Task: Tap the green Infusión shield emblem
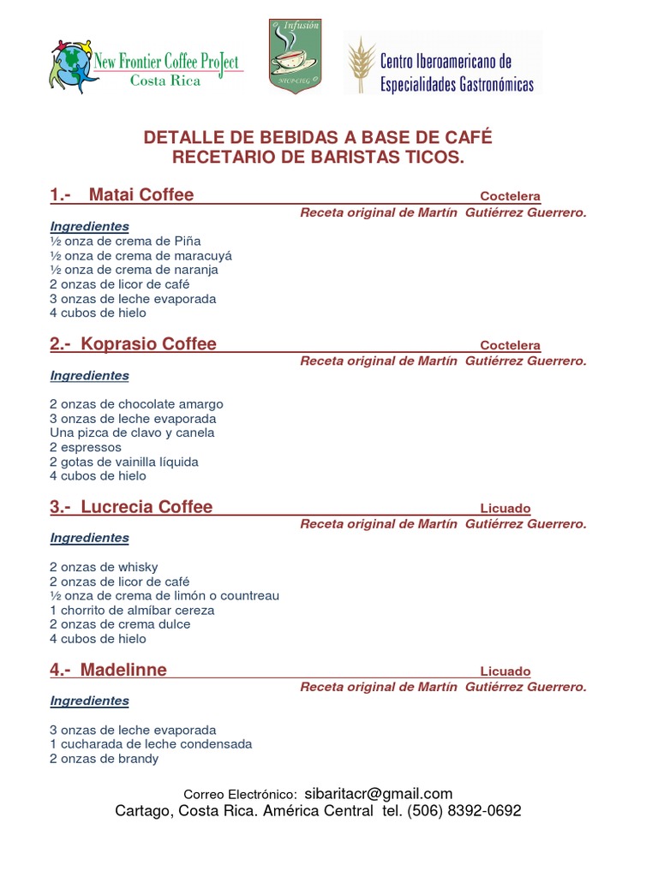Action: [296, 56]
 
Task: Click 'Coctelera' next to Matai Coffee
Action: [510, 196]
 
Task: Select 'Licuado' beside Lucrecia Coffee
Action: [505, 508]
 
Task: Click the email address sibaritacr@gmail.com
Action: [378, 794]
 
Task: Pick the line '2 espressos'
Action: [86, 447]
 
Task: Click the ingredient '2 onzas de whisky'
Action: [104, 567]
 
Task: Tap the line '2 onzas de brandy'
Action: [104, 758]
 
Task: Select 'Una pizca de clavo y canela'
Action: [132, 433]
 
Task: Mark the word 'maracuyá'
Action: [203, 255]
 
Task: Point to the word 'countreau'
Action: [251, 595]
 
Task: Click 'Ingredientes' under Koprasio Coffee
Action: [90, 375]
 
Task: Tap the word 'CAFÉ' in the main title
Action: [466, 138]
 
